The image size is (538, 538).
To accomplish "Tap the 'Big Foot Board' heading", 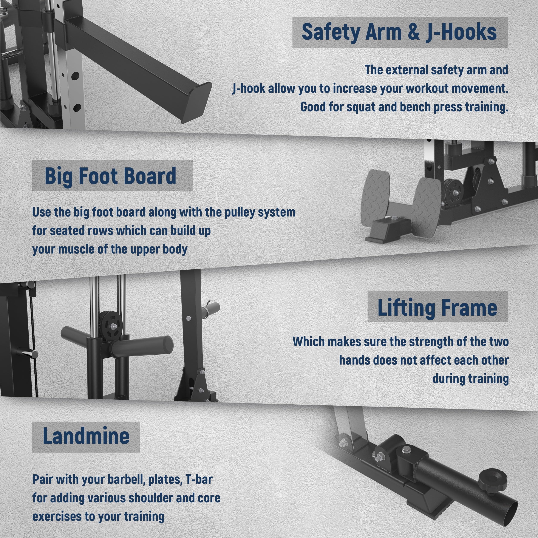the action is point(111,176).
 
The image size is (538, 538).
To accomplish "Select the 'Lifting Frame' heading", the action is point(437,308).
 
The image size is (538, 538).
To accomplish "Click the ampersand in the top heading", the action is point(414,32).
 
